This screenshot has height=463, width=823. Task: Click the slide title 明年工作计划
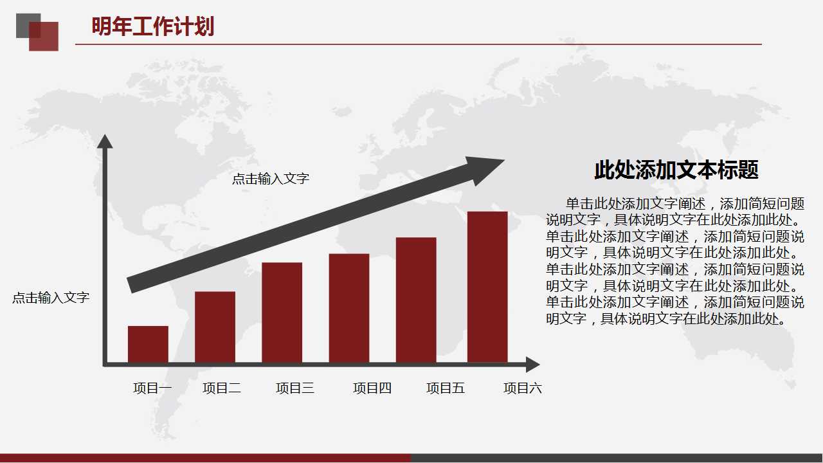[153, 27]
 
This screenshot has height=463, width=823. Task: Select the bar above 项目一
[148, 344]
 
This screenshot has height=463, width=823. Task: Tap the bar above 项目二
[215, 327]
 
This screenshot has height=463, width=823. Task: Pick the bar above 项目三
[282, 313]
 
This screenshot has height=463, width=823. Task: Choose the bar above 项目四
[349, 308]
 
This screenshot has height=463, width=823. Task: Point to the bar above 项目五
[416, 300]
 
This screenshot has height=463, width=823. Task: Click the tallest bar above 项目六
[487, 287]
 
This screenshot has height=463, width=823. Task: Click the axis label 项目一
[152, 388]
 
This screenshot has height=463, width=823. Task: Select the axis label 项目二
[222, 388]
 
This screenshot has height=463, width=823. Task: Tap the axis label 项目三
[295, 388]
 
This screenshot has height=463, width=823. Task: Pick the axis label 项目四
[372, 388]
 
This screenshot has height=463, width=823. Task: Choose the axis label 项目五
[446, 388]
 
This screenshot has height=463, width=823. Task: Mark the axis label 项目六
[523, 388]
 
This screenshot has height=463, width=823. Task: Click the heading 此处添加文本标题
[676, 170]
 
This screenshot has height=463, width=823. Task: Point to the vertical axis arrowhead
[105, 141]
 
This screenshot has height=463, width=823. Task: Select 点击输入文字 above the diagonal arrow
[271, 179]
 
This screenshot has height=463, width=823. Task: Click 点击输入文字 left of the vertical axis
[51, 298]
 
